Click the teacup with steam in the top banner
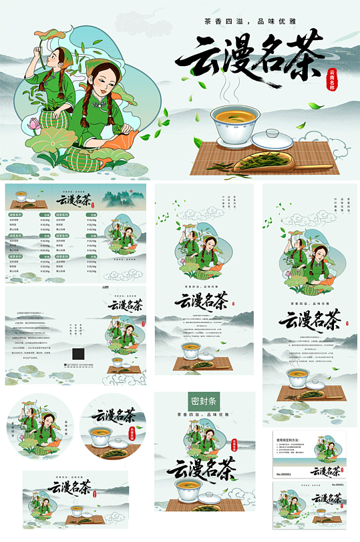coord(236,123)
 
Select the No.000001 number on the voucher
coord(285,474)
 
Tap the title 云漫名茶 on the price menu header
coord(73,198)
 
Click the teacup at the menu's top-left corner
coord(21,198)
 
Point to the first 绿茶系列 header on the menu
coord(18,216)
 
